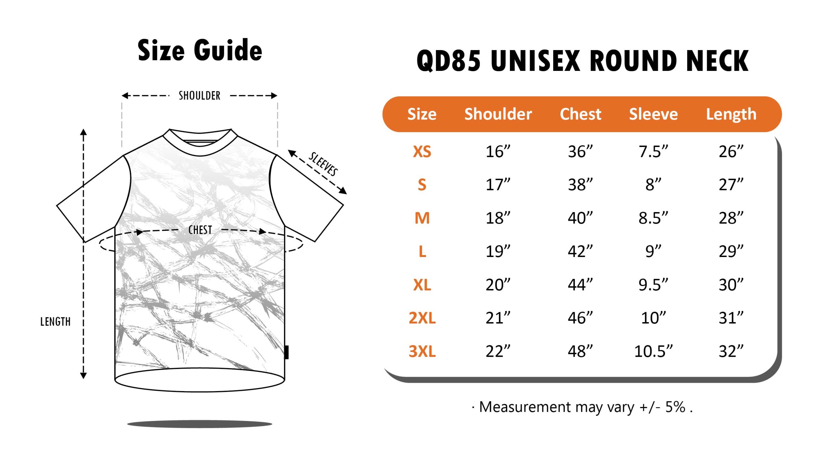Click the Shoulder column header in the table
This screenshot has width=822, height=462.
point(498,114)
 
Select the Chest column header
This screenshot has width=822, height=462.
point(581,114)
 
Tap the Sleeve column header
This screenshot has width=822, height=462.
point(653,114)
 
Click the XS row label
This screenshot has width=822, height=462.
point(422,151)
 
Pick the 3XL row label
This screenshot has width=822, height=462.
point(422,351)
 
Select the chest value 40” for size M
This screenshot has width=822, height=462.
point(581,218)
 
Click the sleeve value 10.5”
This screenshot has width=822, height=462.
point(653,351)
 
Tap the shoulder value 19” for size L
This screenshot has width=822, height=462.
point(498,251)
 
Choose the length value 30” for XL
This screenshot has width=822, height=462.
point(731,285)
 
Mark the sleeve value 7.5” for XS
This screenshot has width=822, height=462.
point(653,151)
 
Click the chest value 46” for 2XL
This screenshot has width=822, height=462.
point(581,318)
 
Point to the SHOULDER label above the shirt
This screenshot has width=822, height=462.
point(199,96)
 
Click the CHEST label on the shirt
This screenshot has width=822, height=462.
point(200,230)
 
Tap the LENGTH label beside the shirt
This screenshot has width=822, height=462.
point(55,321)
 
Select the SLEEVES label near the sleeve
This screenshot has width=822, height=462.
point(323,164)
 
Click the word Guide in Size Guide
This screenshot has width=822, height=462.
point(228,50)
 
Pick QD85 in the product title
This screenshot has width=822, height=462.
point(449,61)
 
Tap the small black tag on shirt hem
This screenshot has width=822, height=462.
point(287,352)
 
